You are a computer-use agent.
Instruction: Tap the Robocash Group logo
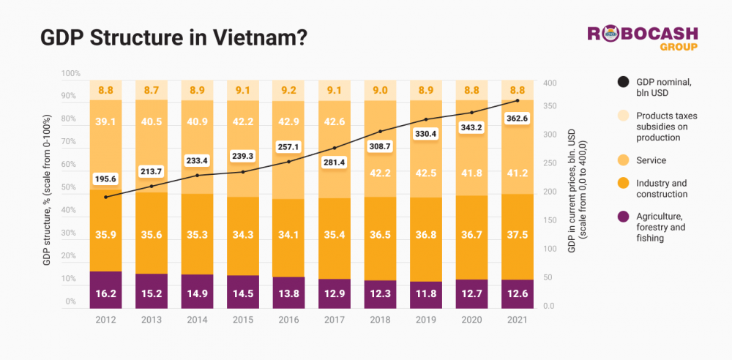[643, 38]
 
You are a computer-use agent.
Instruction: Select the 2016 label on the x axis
[290, 320]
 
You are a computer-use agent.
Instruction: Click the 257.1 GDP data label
[290, 146]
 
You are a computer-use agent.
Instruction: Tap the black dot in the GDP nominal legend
[624, 82]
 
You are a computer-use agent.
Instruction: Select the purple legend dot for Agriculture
[624, 217]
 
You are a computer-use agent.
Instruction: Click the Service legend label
[651, 160]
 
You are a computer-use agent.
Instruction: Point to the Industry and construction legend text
[662, 188]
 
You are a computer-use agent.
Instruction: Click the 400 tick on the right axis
[550, 83]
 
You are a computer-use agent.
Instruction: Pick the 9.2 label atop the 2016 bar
[290, 91]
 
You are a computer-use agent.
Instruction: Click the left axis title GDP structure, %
[48, 190]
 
